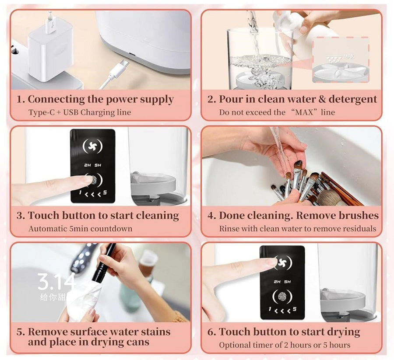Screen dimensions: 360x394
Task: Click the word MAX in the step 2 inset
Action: (x=348, y=57)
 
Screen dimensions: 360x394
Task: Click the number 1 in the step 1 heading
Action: (x=19, y=99)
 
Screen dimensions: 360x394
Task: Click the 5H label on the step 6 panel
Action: (x=288, y=282)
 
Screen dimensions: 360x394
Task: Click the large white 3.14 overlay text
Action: (x=56, y=282)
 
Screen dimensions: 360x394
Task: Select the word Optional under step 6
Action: (x=236, y=345)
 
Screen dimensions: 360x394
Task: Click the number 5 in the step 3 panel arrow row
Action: (x=105, y=193)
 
